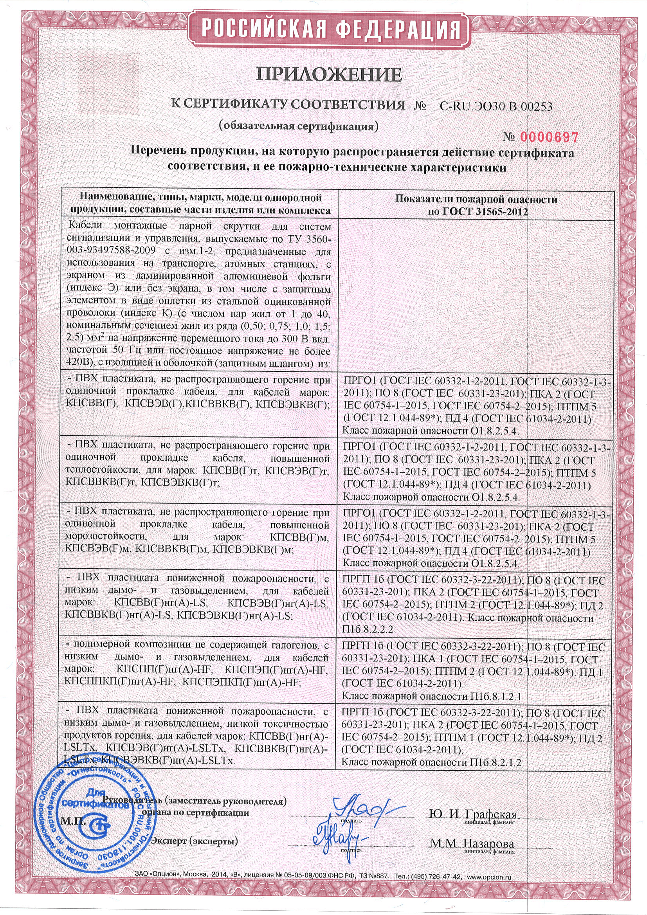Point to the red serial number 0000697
548,137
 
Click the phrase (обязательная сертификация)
297,126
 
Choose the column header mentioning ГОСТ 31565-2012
476,205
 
